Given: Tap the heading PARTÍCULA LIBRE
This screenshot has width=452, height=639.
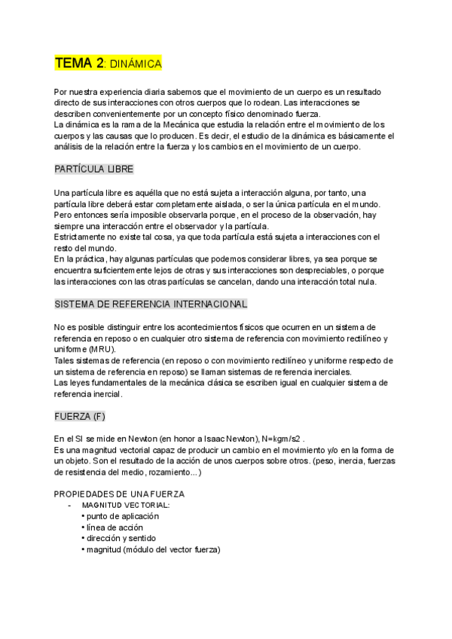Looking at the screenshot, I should click(x=94, y=169).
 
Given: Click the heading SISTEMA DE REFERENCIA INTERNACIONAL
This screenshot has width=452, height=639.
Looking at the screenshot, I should click(x=151, y=304).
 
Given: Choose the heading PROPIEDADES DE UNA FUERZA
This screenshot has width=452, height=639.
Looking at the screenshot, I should click(x=120, y=493).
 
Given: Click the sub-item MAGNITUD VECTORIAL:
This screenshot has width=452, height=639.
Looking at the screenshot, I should click(x=126, y=505).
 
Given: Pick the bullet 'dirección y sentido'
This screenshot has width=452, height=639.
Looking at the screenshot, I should click(x=122, y=538).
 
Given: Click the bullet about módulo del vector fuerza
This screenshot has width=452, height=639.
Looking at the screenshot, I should click(x=153, y=549).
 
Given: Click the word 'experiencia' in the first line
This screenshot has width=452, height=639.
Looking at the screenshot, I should click(x=127, y=90).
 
